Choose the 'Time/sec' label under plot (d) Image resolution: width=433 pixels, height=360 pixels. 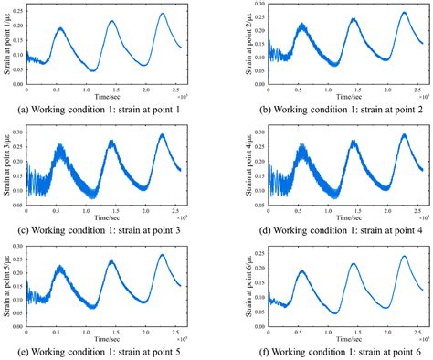[x=327, y=214]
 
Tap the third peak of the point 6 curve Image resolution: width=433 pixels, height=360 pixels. [x=404, y=256]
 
